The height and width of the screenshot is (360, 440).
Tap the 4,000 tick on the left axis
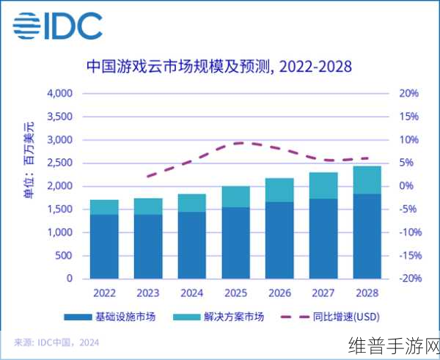coord(59,93)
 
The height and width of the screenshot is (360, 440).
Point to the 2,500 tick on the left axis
coord(59,163)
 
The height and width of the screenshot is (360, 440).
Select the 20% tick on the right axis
coord(408,93)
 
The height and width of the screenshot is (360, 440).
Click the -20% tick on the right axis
coord(407,279)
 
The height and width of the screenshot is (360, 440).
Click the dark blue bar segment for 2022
coord(104,246)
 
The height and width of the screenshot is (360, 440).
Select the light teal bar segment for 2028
coord(367,180)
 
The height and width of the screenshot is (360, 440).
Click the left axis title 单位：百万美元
coord(29,164)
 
